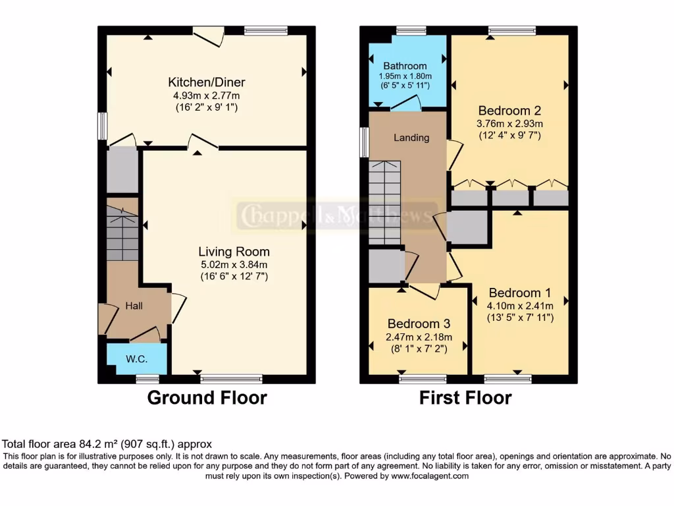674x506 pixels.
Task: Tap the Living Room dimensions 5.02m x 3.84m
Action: [234, 264]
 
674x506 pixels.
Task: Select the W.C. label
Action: [136, 359]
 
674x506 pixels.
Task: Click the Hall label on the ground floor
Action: [134, 306]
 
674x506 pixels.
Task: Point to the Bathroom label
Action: [405, 66]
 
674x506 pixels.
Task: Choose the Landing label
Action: [411, 138]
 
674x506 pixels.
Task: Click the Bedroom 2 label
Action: [509, 110]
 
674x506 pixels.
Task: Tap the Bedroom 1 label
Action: [519, 293]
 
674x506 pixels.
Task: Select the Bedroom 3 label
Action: [419, 323]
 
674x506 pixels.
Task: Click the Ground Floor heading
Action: [207, 398]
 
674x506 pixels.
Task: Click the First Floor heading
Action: [465, 398]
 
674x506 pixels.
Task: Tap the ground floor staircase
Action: [122, 233]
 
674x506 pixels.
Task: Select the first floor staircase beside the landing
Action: [384, 202]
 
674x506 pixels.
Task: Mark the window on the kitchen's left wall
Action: [102, 126]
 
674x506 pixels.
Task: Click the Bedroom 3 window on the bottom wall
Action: [422, 378]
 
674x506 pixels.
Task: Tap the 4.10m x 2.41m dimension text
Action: [519, 306]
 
